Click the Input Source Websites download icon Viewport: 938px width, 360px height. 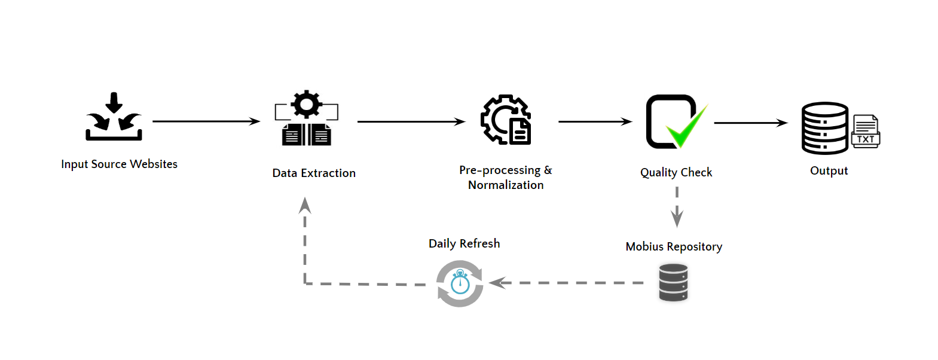pyautogui.click(x=114, y=117)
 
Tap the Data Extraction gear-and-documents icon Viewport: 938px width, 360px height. pyautogui.click(x=307, y=119)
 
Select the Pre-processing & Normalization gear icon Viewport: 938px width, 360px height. pyautogui.click(x=506, y=120)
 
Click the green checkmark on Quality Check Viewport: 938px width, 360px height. pyautogui.click(x=686, y=127)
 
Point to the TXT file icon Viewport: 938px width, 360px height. pyautogui.click(x=865, y=132)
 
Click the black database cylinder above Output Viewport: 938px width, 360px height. pyautogui.click(x=824, y=128)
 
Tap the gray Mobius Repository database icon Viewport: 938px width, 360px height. pyautogui.click(x=673, y=283)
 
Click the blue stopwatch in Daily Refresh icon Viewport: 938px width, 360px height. pyautogui.click(x=460, y=283)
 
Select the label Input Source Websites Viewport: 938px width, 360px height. pyautogui.click(x=119, y=164)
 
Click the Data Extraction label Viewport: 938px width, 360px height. pyautogui.click(x=314, y=173)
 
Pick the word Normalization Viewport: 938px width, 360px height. pyautogui.click(x=506, y=185)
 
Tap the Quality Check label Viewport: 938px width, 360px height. pyautogui.click(x=676, y=172)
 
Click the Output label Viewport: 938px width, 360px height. pyautogui.click(x=829, y=170)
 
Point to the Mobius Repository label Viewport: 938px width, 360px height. pyautogui.click(x=674, y=246)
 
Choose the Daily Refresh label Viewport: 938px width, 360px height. pyautogui.click(x=464, y=243)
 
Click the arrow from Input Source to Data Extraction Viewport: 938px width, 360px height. pyautogui.click(x=206, y=121)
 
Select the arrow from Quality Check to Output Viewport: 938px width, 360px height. pyautogui.click(x=751, y=123)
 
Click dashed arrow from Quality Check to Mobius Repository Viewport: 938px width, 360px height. pyautogui.click(x=677, y=207)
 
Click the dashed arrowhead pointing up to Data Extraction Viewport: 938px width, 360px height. pyautogui.click(x=305, y=206)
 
